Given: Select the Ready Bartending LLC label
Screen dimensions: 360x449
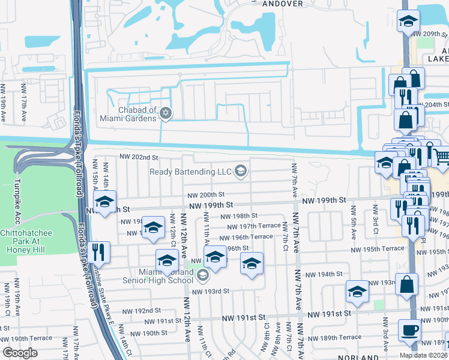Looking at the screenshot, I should tap(191, 172).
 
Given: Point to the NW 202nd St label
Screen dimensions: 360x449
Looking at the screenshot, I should tap(139, 157).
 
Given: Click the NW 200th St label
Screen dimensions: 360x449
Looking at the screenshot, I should tap(205, 195).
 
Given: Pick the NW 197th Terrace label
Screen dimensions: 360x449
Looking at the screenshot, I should tap(254, 226).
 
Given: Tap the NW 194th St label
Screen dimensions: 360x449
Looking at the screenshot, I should tap(324, 274).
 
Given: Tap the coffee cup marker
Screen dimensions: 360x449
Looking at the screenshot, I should tap(411, 331).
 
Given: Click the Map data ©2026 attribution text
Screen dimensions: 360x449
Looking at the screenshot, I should tap(424, 355).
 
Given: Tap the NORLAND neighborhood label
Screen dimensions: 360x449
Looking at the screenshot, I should tap(358, 356).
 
